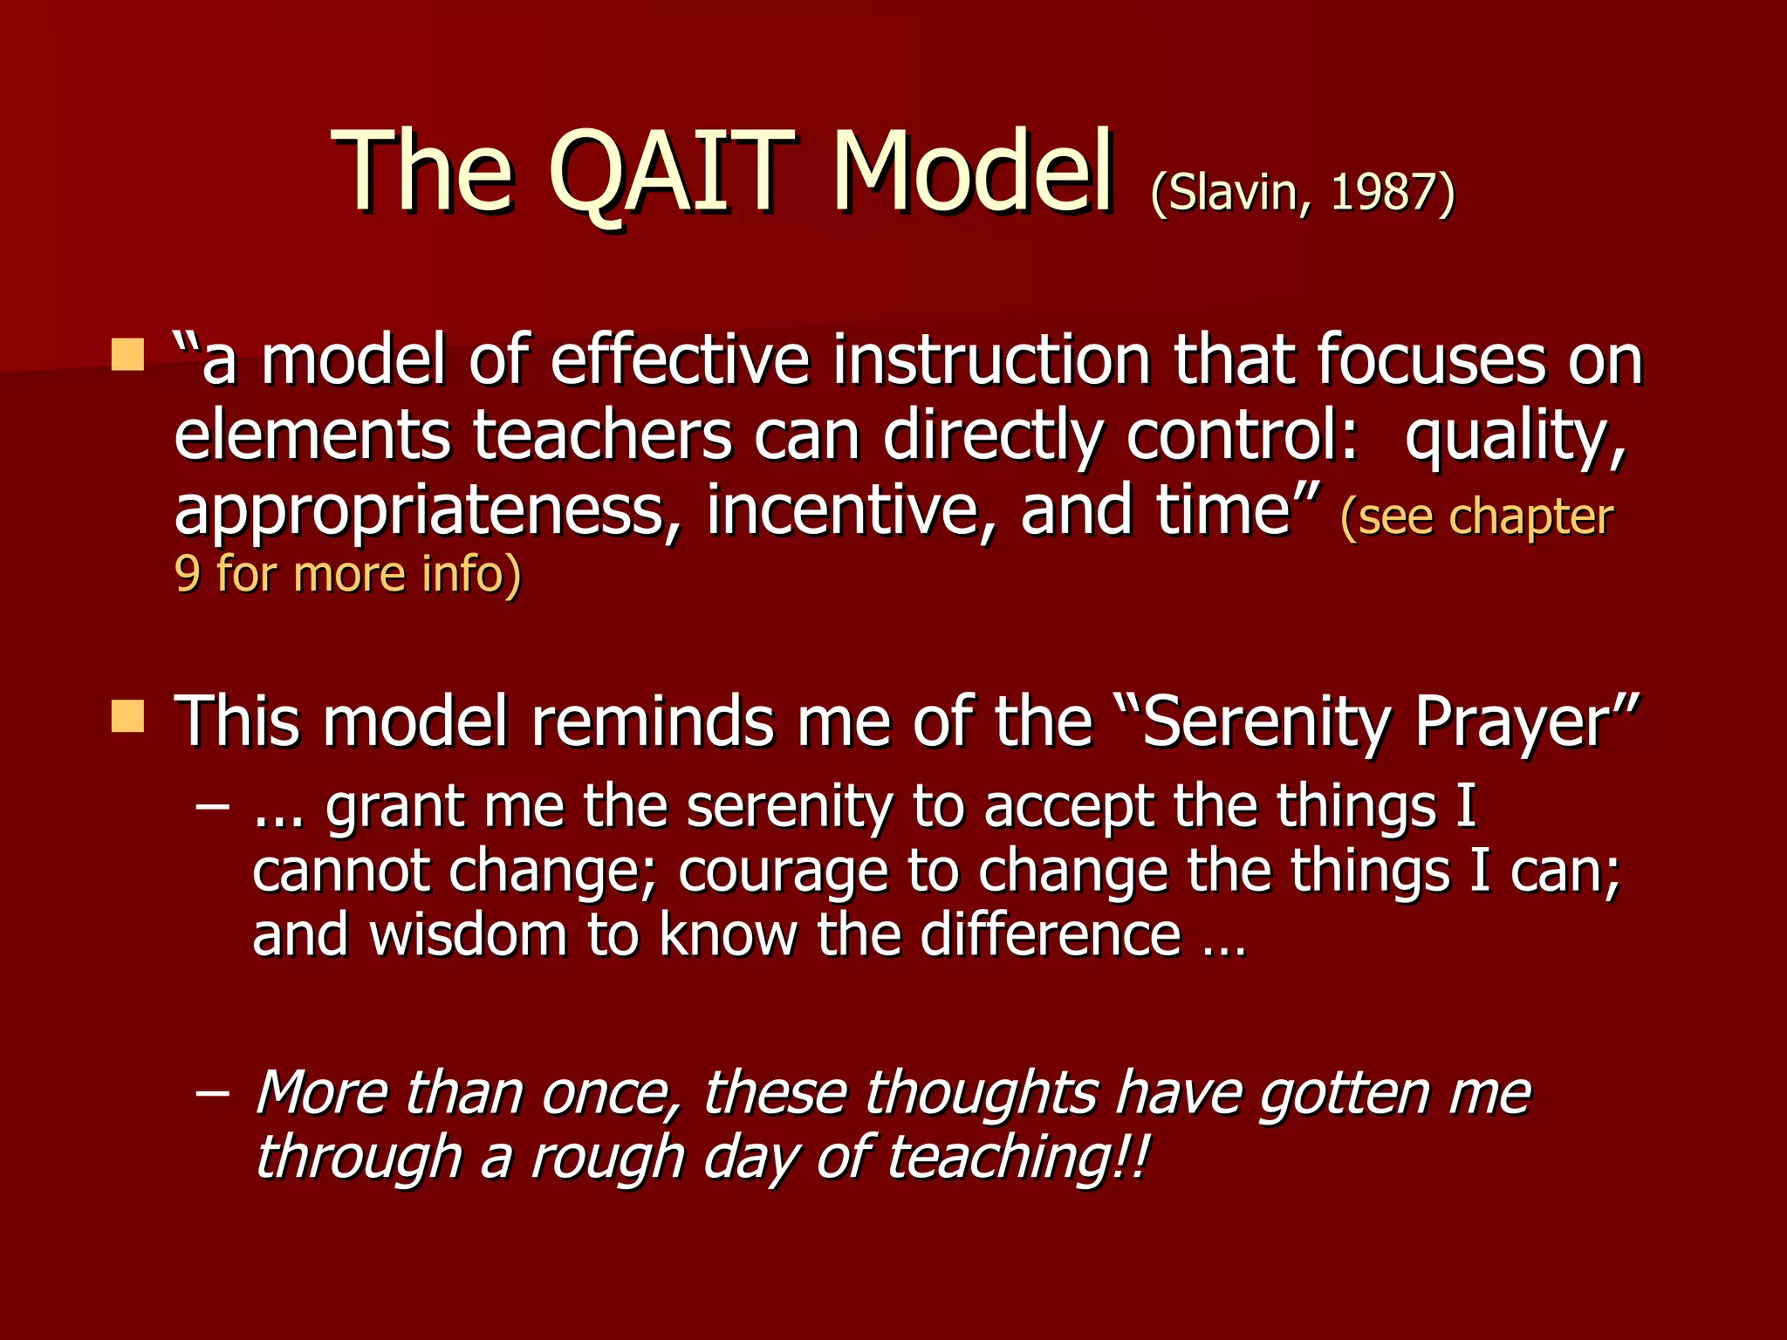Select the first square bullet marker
128,355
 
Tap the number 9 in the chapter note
187,574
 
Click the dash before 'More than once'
213,1092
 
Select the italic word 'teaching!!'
1017,1159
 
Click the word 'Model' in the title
971,172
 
